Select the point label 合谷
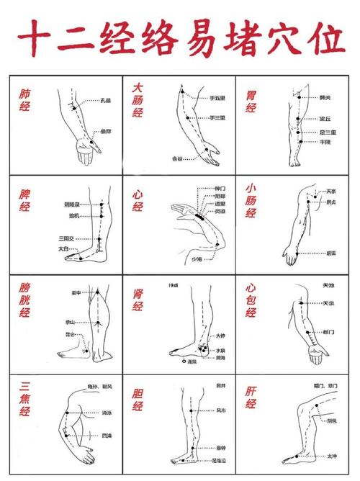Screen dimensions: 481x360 (177, 158)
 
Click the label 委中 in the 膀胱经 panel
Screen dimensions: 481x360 (76, 293)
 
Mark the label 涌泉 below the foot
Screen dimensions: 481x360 (192, 361)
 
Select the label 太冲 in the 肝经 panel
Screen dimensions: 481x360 (331, 456)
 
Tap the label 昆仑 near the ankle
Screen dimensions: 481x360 (69, 335)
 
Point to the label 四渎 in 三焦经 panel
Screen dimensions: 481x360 (107, 435)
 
